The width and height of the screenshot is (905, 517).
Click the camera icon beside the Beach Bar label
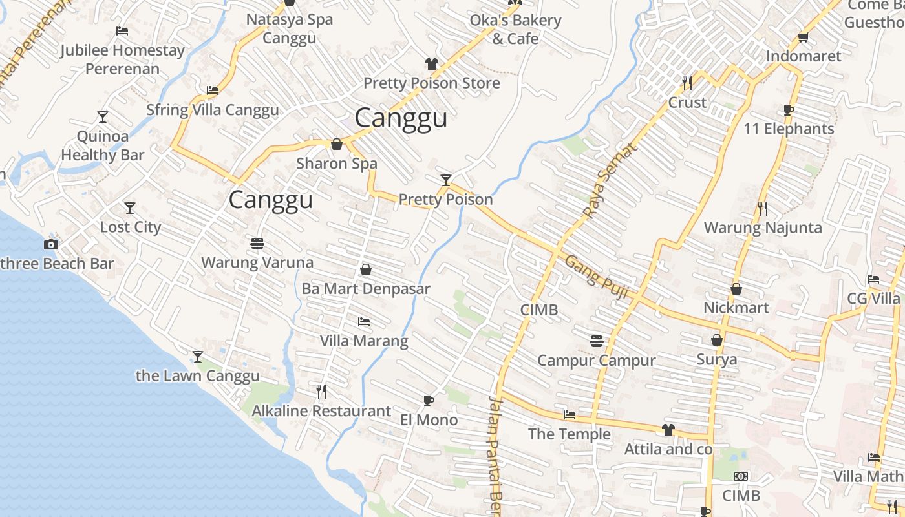point(50,244)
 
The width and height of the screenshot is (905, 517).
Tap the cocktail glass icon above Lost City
point(130,208)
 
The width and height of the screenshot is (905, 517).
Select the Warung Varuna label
point(257,262)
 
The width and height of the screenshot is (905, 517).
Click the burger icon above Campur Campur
point(596,341)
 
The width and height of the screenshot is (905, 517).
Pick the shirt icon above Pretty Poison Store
point(431,64)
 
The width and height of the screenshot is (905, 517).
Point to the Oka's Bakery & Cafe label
point(515,29)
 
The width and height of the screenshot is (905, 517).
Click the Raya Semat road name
point(609,180)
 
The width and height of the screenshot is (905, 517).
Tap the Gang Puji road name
point(597,277)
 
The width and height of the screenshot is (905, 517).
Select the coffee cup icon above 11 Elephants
point(789,110)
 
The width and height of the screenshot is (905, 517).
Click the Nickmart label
point(736,308)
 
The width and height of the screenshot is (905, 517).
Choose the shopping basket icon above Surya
point(716,340)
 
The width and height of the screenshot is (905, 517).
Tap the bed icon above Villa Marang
point(364,321)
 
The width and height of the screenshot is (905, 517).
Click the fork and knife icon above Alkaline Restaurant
point(321,391)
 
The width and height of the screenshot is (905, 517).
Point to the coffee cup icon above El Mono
point(428,401)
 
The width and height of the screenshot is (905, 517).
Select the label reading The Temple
point(569,434)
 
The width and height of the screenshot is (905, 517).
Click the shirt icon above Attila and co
point(668,430)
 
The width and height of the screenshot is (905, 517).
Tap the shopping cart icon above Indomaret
point(804,37)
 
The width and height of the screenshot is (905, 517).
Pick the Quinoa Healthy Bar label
point(103,145)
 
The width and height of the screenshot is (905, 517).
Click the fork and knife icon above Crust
point(687,83)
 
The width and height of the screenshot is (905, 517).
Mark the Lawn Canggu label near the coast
point(198,375)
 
